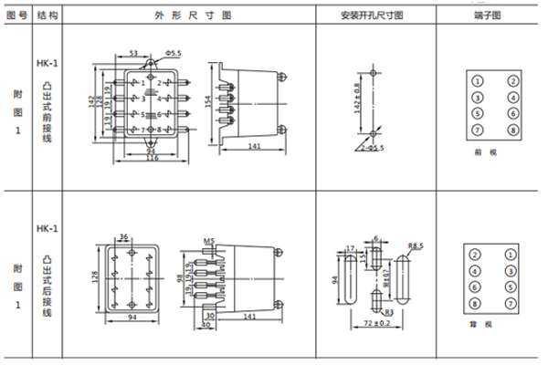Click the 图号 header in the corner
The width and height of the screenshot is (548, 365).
(x=16, y=16)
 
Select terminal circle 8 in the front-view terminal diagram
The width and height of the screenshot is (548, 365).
(x=512, y=130)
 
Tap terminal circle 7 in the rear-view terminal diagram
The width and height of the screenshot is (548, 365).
(x=512, y=302)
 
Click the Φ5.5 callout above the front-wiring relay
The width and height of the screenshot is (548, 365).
(x=173, y=56)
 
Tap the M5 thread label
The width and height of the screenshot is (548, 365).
(x=208, y=242)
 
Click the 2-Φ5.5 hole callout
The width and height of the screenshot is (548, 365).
(x=372, y=146)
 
